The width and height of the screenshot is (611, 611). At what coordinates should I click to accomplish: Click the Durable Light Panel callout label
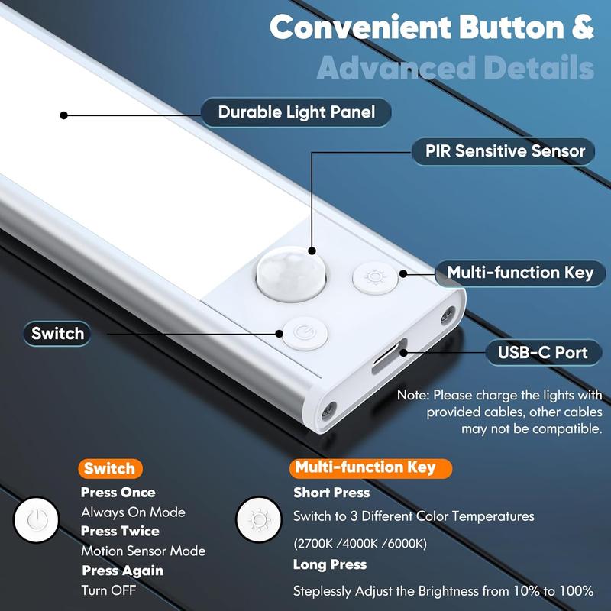pyautogui.click(x=296, y=113)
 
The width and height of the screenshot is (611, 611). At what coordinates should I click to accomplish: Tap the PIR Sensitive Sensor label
pyautogui.click(x=505, y=151)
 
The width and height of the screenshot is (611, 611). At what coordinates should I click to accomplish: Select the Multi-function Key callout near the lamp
pyautogui.click(x=519, y=273)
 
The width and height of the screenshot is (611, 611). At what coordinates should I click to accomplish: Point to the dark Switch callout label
pyautogui.click(x=57, y=334)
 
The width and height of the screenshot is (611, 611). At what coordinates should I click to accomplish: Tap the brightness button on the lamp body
pyautogui.click(x=374, y=276)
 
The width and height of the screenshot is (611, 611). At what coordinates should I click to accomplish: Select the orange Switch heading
pyautogui.click(x=109, y=469)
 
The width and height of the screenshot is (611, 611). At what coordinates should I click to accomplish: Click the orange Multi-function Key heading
pyautogui.click(x=365, y=467)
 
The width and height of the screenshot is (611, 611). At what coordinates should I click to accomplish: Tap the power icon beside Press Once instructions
pyautogui.click(x=34, y=522)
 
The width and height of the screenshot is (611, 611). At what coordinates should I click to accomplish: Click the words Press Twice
pyautogui.click(x=120, y=532)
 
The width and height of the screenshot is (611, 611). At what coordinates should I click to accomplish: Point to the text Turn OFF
pyautogui.click(x=104, y=590)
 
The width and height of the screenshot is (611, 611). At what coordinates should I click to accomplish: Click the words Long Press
pyautogui.click(x=330, y=565)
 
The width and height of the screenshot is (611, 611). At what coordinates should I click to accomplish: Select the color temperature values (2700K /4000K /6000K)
pyautogui.click(x=360, y=544)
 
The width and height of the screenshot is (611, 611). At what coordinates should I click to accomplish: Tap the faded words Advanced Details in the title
pyautogui.click(x=455, y=68)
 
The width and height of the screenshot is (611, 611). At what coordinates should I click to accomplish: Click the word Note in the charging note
pyautogui.click(x=412, y=396)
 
